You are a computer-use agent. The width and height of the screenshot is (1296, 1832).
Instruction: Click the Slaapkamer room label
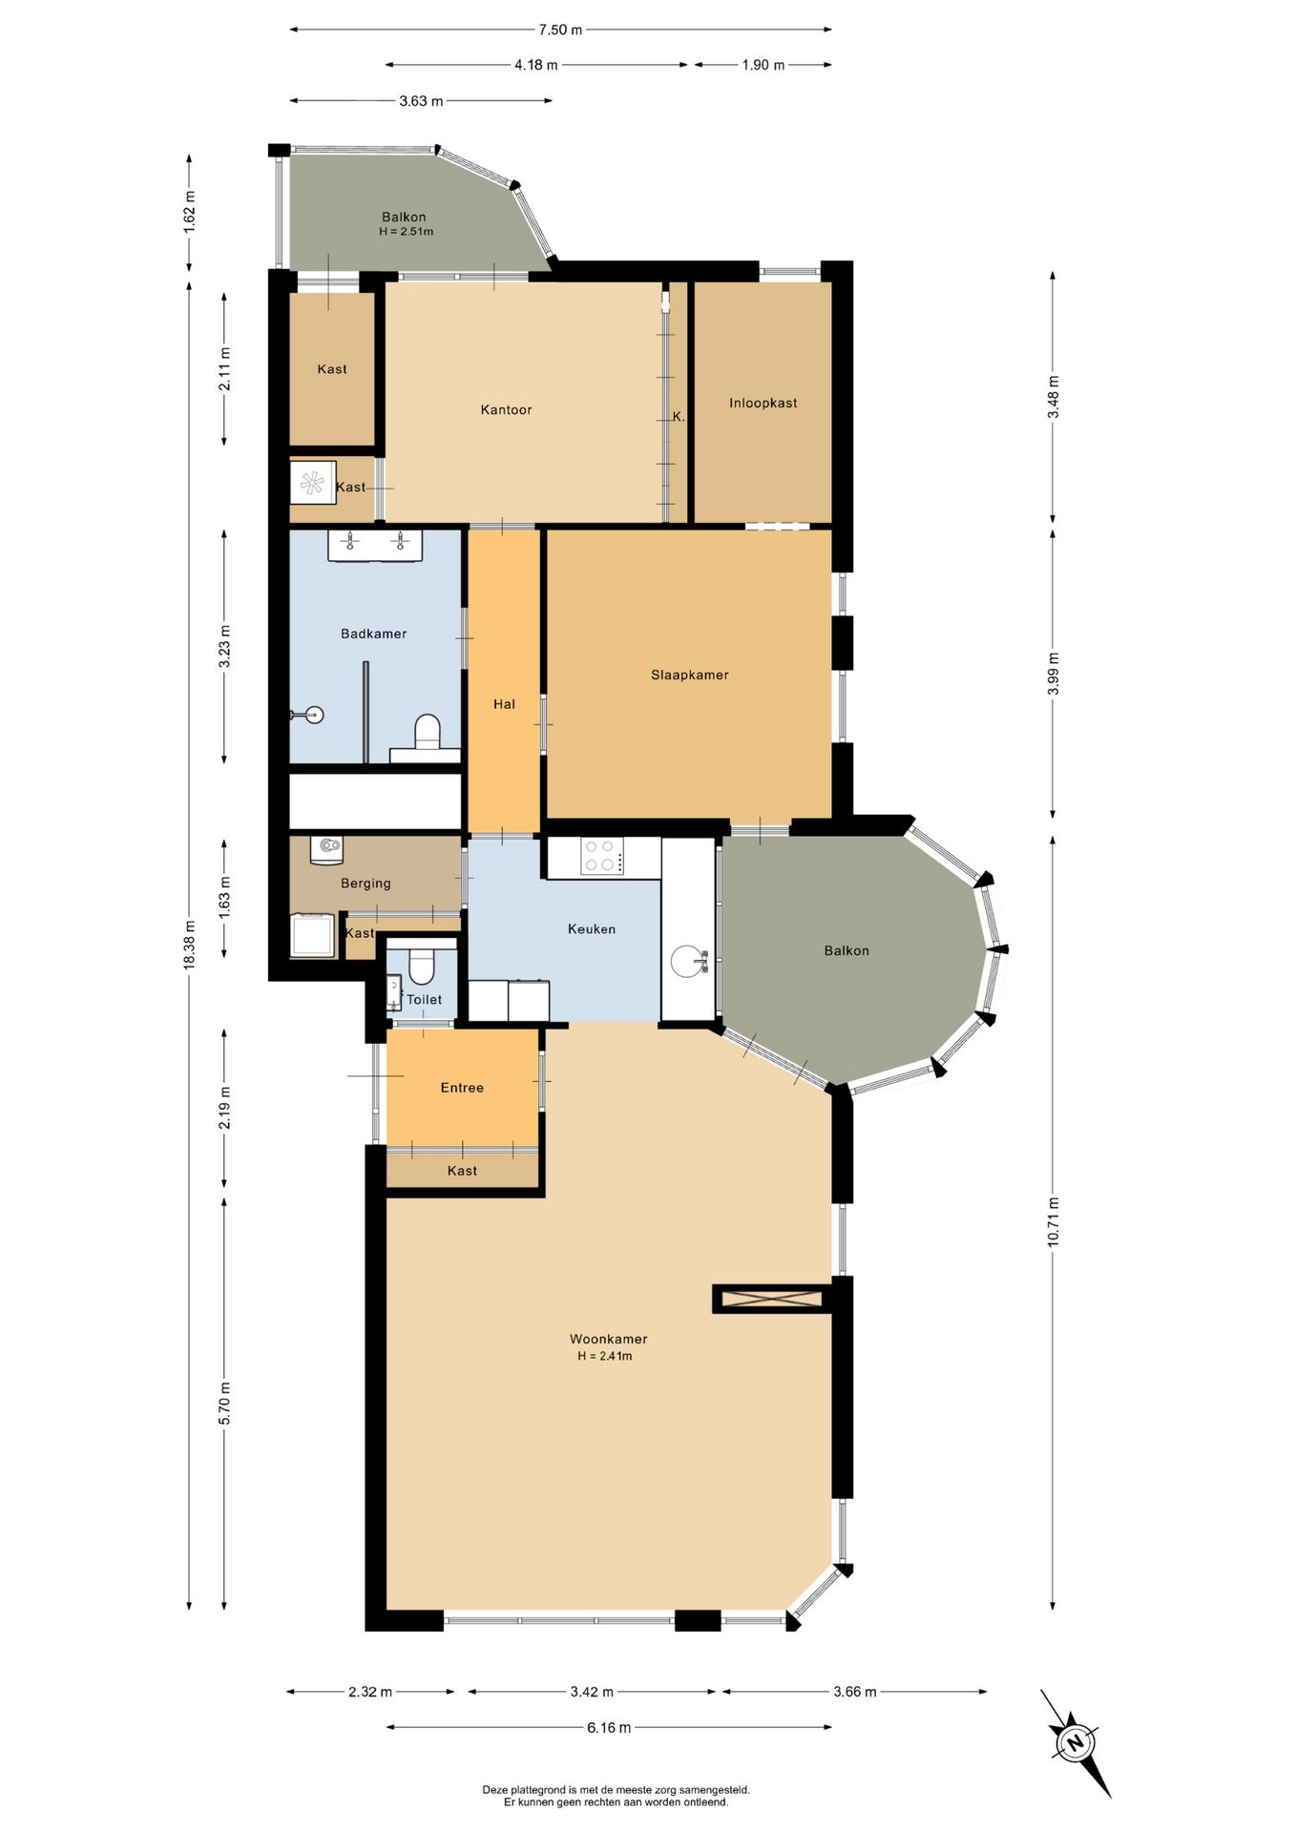[x=689, y=675]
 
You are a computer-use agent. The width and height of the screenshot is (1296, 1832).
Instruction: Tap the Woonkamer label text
[x=608, y=1339]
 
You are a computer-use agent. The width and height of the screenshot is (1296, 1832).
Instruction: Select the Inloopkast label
[x=763, y=403]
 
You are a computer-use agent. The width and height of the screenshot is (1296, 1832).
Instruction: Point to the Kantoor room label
[x=506, y=409]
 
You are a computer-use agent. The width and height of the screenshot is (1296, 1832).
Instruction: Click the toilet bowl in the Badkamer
[x=428, y=732]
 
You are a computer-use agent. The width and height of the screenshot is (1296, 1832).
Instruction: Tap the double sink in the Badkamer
[x=375, y=544]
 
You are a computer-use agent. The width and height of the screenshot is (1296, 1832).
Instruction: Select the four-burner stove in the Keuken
[x=602, y=855]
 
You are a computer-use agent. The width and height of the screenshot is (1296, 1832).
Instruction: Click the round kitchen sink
[x=688, y=961]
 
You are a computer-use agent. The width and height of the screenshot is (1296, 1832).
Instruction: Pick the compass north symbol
[x=1076, y=1744]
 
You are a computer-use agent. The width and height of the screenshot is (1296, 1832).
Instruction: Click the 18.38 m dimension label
[x=189, y=945]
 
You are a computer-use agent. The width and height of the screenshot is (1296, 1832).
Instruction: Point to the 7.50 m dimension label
[x=560, y=30]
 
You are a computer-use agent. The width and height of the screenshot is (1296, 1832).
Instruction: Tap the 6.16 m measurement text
[x=609, y=1727]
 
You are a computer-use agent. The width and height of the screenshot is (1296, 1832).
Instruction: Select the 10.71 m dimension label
[x=1053, y=1221]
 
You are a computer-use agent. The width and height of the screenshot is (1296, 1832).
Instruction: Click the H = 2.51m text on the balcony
[x=406, y=232]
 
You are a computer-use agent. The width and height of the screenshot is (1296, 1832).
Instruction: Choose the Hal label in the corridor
[x=504, y=704]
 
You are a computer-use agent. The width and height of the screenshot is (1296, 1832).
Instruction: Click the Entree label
[x=462, y=1088]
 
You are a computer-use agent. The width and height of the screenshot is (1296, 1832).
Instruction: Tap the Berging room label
[x=366, y=884]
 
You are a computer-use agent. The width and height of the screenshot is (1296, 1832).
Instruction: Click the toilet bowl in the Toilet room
[x=421, y=968]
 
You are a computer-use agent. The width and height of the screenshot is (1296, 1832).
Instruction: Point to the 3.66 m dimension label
[x=854, y=1692]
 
